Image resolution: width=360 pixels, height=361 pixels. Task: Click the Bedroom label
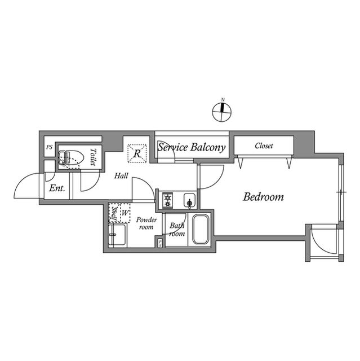pyautogui.click(x=263, y=197)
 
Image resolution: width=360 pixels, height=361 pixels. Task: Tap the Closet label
pyautogui.click(x=264, y=146)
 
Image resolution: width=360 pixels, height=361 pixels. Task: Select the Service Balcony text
pyautogui.click(x=191, y=147)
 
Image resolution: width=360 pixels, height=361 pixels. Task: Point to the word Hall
pyautogui.click(x=121, y=176)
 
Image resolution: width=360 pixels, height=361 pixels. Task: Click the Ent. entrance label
pyautogui.click(x=57, y=188)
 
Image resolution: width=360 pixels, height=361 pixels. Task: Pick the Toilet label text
pyautogui.click(x=93, y=157)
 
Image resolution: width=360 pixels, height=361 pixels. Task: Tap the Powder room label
pyautogui.click(x=146, y=223)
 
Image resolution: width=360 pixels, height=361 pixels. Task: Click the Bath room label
pyautogui.click(x=177, y=230)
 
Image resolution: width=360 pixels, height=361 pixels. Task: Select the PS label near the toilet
pyautogui.click(x=49, y=147)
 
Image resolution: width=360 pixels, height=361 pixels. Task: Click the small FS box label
pyautogui.click(x=160, y=244)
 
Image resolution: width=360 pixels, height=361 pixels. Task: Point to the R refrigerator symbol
pyautogui.click(x=137, y=153)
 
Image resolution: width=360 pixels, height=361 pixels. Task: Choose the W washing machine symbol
pyautogui.click(x=125, y=213)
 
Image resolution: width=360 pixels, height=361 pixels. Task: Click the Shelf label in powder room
pyautogui.click(x=114, y=213)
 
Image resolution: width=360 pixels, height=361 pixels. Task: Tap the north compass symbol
pyautogui.click(x=221, y=112)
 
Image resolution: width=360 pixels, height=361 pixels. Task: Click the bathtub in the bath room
pyautogui.click(x=201, y=230)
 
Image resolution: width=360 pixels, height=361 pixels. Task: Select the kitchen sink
pyautogui.click(x=190, y=201)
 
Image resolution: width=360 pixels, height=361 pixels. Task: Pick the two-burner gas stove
pyautogui.click(x=167, y=200)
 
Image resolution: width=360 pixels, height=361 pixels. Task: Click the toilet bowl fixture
pyautogui.click(x=71, y=158)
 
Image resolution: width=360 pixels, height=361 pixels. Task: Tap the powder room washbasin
pyautogui.click(x=117, y=235)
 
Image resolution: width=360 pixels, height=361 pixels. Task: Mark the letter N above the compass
pyautogui.click(x=223, y=100)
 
